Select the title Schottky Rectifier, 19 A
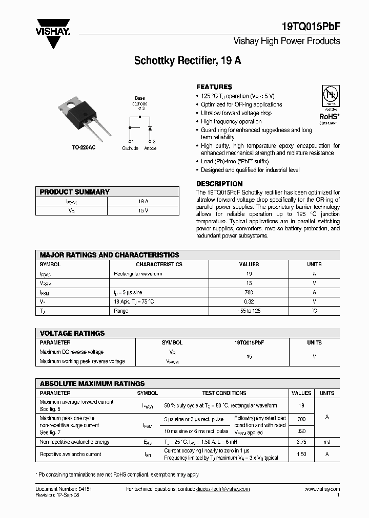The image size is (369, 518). [x=188, y=60]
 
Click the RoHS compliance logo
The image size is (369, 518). [x=329, y=104]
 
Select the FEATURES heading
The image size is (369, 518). [x=214, y=87]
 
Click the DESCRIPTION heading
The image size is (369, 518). [x=219, y=183]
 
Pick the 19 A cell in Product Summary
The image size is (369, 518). [x=143, y=201]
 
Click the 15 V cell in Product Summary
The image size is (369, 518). [x=143, y=210]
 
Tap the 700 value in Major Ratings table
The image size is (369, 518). [x=249, y=292]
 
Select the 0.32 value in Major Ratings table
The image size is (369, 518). [x=249, y=301]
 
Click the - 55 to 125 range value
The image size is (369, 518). [x=249, y=311]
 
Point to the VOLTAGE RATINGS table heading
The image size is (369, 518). [x=72, y=333]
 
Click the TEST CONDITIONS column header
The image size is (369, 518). [x=224, y=393]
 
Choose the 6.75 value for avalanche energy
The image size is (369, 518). [x=301, y=442]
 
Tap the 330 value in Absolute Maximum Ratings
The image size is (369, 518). [x=301, y=431]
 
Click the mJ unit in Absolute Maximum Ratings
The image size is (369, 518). [x=326, y=442]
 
